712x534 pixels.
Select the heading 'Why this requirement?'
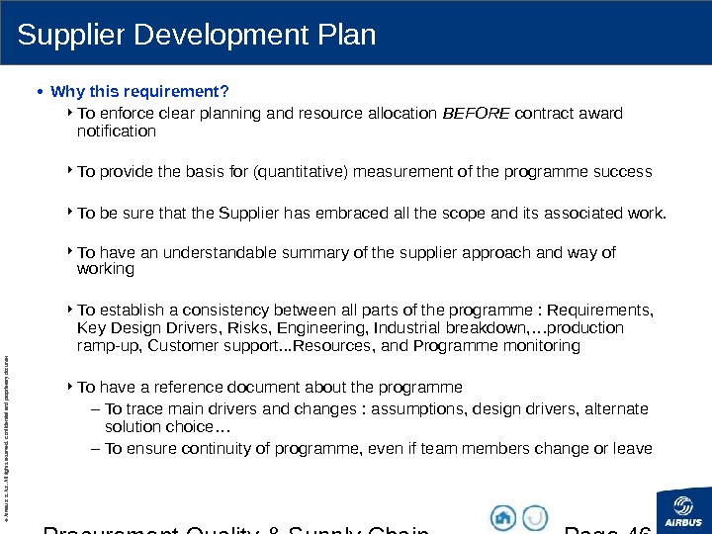[139, 93]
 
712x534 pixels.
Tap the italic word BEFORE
[476, 113]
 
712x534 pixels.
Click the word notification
[117, 131]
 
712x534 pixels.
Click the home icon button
[503, 517]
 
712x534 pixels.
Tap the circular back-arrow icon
[535, 517]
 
